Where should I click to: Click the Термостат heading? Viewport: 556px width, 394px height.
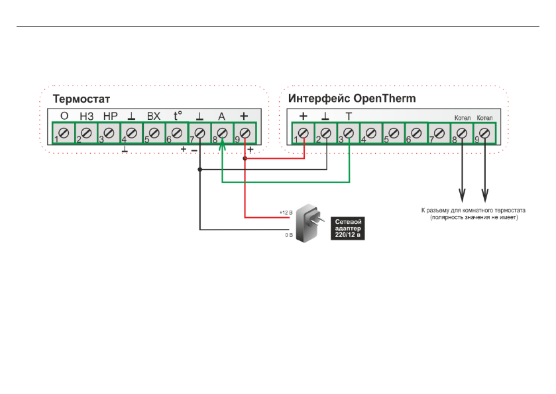pyautogui.click(x=82, y=99)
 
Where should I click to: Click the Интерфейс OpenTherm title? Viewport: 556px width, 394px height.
pyautogui.click(x=352, y=98)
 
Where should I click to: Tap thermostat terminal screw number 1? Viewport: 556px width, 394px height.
pyautogui.click(x=64, y=133)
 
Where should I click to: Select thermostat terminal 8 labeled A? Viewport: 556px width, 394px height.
pyautogui.click(x=222, y=133)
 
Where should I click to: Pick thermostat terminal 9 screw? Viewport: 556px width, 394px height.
pyautogui.click(x=245, y=133)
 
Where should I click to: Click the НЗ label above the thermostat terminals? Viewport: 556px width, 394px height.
pyautogui.click(x=87, y=117)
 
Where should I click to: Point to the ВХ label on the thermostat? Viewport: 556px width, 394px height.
pyautogui.click(x=154, y=117)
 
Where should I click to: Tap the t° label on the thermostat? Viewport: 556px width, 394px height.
pyautogui.click(x=178, y=115)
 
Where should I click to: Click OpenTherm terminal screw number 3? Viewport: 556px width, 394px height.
pyautogui.click(x=349, y=133)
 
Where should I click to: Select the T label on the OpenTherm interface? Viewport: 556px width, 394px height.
pyautogui.click(x=349, y=117)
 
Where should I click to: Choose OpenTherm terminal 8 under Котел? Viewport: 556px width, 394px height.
pyautogui.click(x=462, y=133)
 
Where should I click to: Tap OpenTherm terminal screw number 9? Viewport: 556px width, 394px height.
pyautogui.click(x=484, y=133)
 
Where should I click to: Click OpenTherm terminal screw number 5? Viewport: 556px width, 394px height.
pyautogui.click(x=394, y=133)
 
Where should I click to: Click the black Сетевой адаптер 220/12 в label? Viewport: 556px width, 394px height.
pyautogui.click(x=347, y=228)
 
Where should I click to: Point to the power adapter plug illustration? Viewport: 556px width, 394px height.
pyautogui.click(x=308, y=223)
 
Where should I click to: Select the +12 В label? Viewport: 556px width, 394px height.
pyautogui.click(x=286, y=213)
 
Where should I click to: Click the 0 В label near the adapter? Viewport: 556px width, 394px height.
pyautogui.click(x=289, y=235)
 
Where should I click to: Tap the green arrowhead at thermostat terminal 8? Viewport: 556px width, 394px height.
pyautogui.click(x=222, y=144)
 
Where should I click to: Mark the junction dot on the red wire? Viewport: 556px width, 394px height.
pyautogui.click(x=245, y=158)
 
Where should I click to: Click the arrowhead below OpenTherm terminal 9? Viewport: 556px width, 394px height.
pyautogui.click(x=484, y=195)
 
